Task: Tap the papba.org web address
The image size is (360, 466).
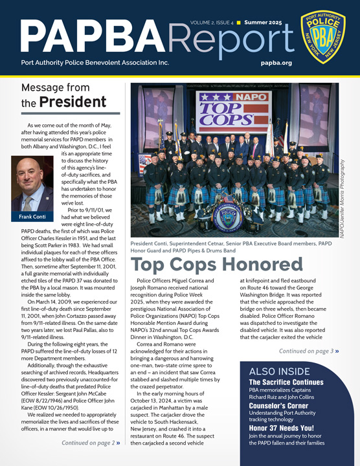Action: [x=274, y=63]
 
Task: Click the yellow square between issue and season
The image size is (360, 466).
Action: [x=238, y=23]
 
